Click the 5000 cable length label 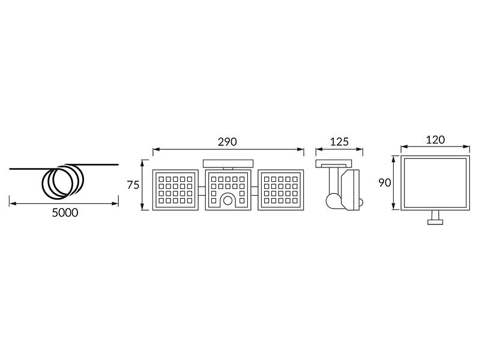(65, 212)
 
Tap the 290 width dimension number (227, 142)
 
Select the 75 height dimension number (133, 185)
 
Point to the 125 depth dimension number (339, 142)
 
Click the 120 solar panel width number (435, 140)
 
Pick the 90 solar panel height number (385, 182)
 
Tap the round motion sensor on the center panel (227, 200)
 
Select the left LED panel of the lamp (175, 190)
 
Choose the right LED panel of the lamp (281, 190)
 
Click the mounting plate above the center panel (228, 163)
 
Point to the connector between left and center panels (202, 191)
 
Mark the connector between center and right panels (255, 191)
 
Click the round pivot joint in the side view (333, 200)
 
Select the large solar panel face (435, 182)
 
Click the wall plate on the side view (334, 163)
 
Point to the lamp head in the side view (351, 190)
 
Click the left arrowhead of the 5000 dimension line (11, 203)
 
